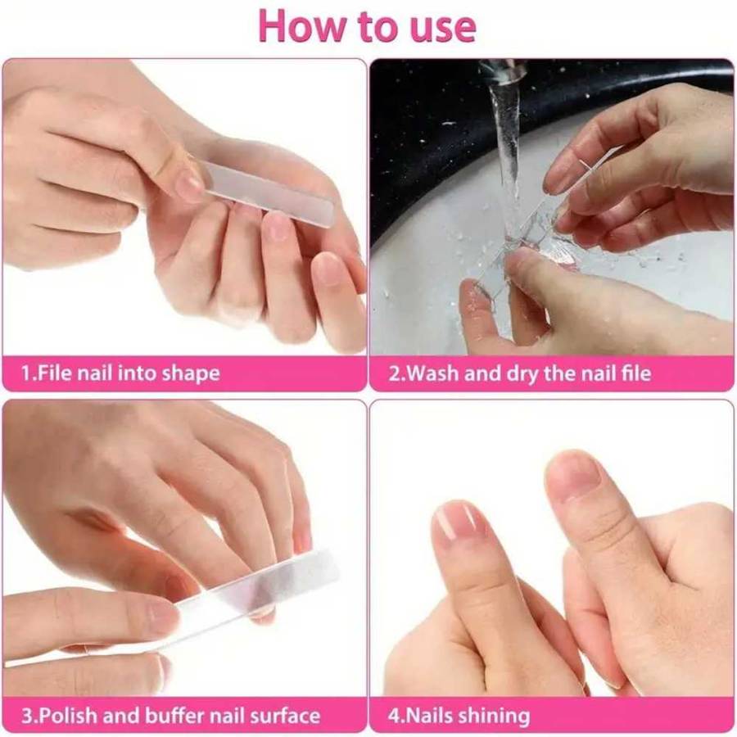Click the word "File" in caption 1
(56, 374)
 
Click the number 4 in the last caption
(393, 716)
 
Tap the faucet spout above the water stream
(501, 71)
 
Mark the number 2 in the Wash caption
(393, 374)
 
